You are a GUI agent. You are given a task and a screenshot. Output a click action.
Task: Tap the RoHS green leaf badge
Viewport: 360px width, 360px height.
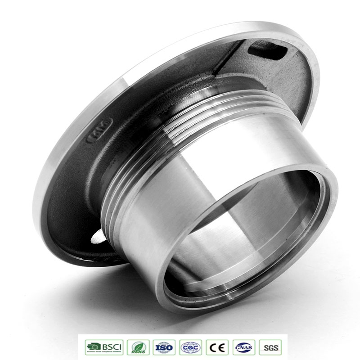138,347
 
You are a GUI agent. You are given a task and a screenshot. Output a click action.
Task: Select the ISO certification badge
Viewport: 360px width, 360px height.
164,347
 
